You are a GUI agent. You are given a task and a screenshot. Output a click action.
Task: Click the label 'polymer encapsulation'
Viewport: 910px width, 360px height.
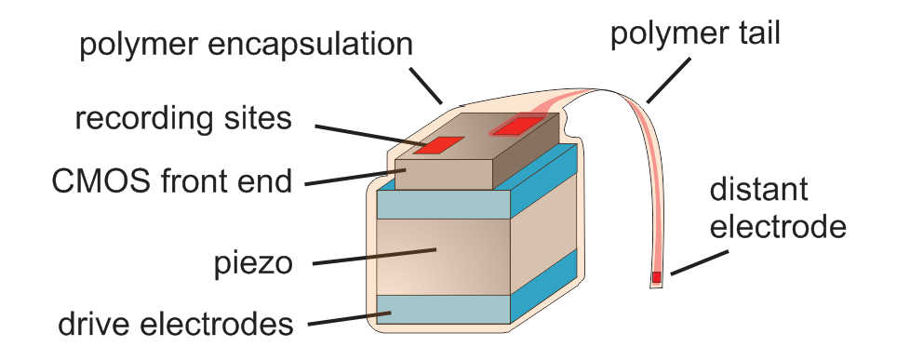246,44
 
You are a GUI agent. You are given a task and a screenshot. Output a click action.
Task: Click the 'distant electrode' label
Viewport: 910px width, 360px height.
778,208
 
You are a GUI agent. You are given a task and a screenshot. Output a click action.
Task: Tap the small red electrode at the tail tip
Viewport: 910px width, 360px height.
657,277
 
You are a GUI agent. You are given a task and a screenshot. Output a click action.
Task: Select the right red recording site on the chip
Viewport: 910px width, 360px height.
515,124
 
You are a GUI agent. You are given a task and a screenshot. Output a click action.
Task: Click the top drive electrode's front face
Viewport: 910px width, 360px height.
444,204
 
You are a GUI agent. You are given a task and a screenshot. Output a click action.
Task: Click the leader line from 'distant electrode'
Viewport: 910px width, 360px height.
692,263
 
